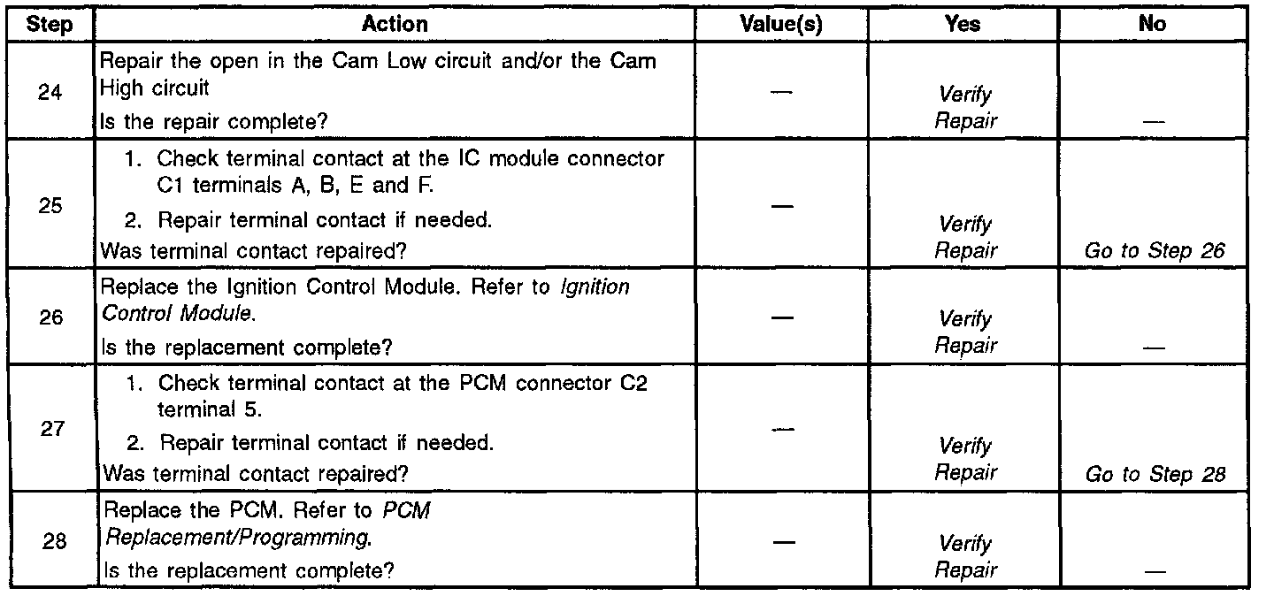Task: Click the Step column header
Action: [x=50, y=25]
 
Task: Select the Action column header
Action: [x=395, y=25]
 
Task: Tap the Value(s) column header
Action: [x=780, y=25]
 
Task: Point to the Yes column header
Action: [x=963, y=25]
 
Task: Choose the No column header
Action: [x=1152, y=25]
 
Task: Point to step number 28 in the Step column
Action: [x=54, y=541]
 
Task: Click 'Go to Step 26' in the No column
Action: [x=1155, y=251]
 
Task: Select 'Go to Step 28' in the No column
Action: [x=1155, y=474]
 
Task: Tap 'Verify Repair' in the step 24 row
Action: [x=964, y=107]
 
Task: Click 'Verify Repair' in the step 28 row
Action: [x=964, y=557]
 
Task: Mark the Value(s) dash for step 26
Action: [x=779, y=317]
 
